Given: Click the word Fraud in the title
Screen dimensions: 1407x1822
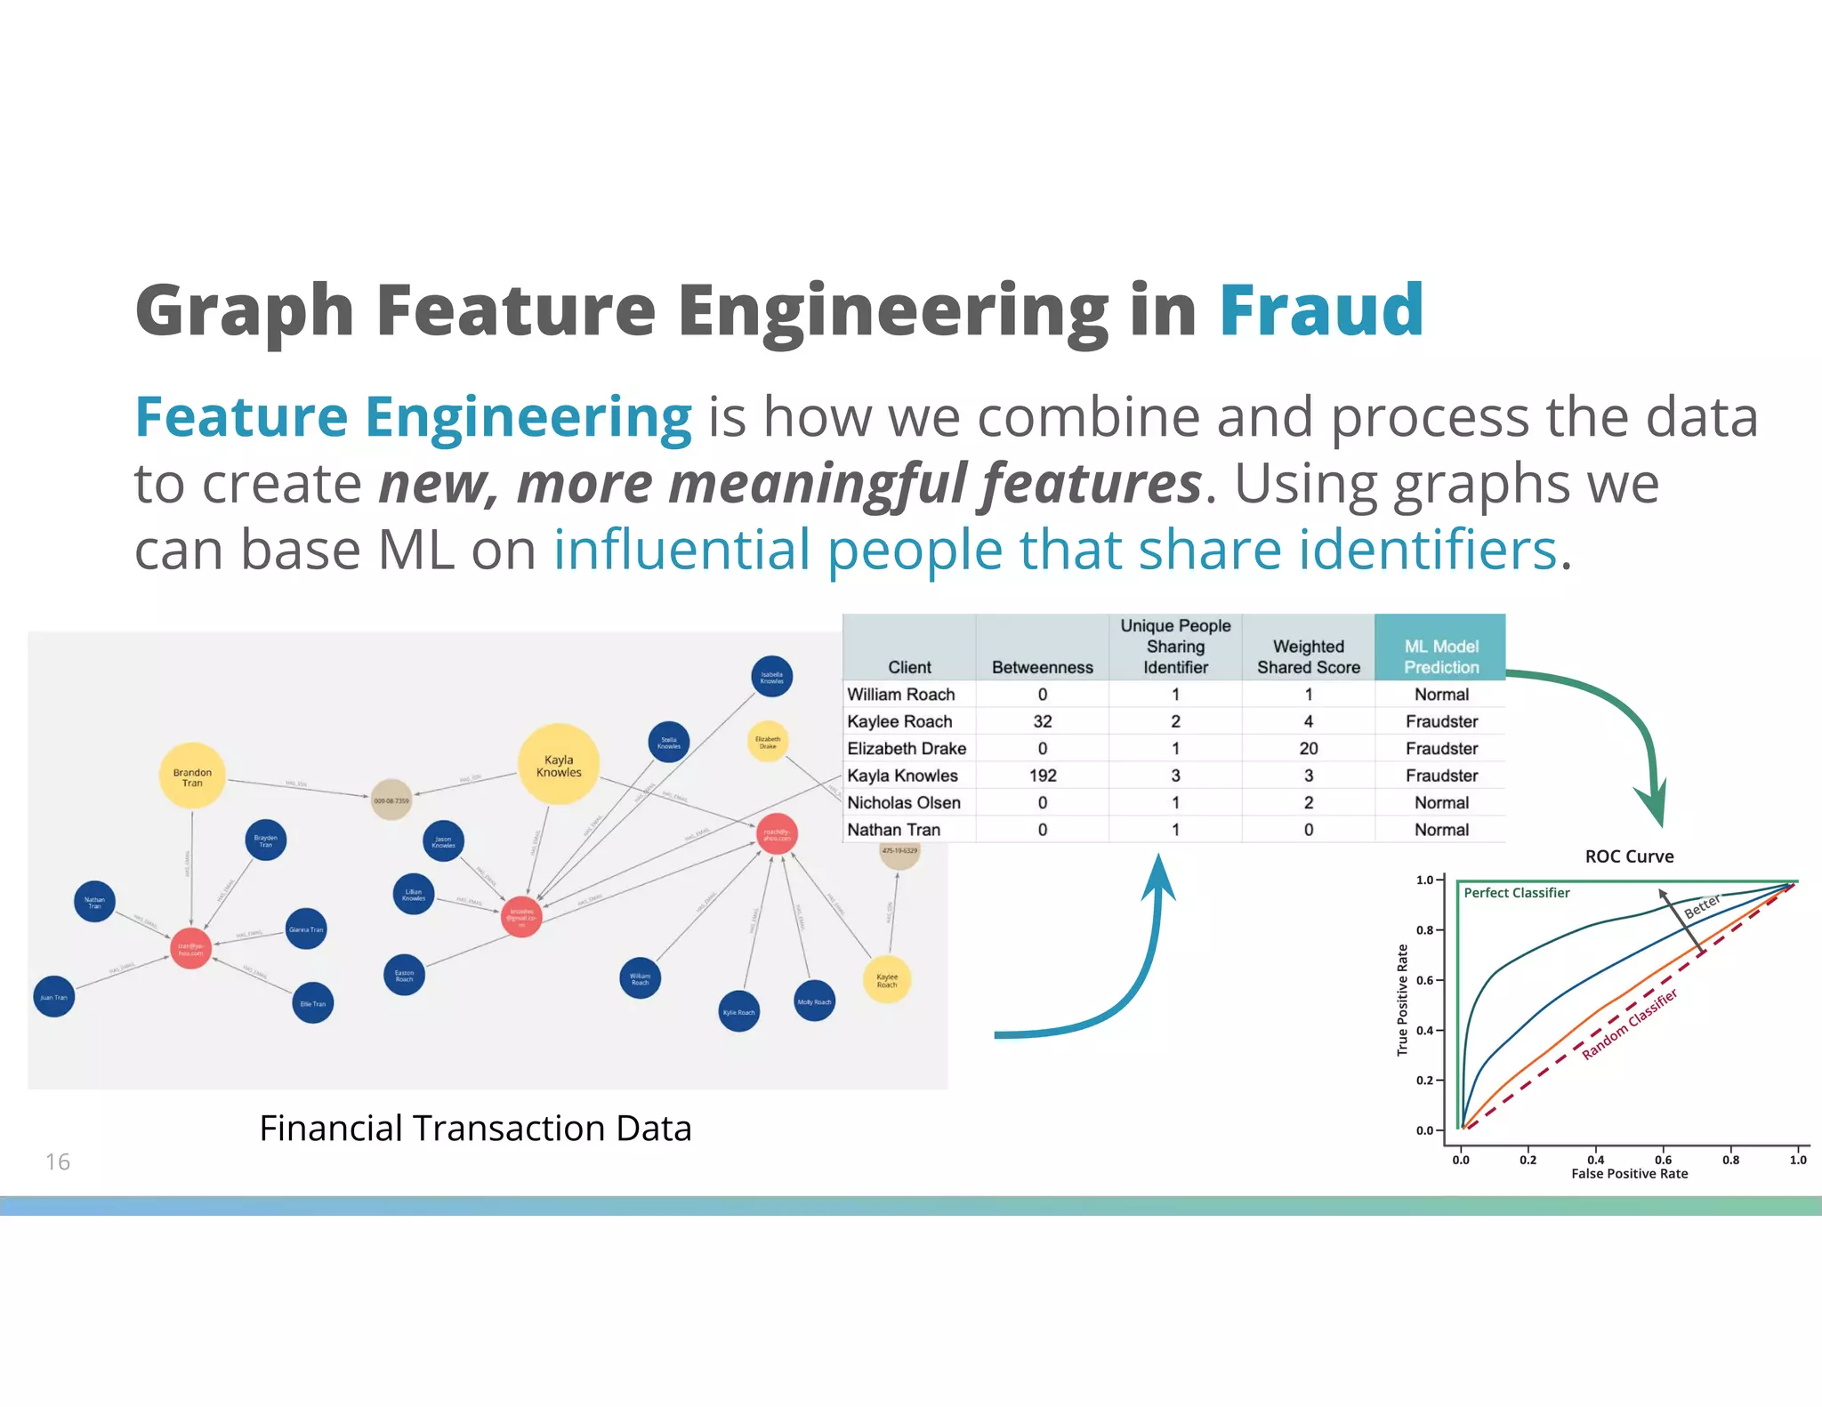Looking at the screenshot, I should pos(1320,310).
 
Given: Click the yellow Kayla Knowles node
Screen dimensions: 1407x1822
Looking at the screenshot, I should pos(559,765).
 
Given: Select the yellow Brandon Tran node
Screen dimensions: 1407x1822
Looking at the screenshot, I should pos(192,776).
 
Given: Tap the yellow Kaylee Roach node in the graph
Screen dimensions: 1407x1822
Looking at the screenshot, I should pos(887,980).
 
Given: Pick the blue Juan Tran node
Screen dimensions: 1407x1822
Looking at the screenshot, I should pos(54,997).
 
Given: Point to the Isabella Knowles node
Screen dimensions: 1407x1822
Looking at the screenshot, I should pos(771,678).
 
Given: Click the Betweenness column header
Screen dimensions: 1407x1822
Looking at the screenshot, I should pos(1042,667).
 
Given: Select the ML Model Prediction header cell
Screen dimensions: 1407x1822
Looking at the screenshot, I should pos(1440,656).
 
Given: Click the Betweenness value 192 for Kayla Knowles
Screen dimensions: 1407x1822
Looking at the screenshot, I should pos(1043,776).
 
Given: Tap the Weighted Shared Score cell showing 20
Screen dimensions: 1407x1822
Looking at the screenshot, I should pos(1308,749).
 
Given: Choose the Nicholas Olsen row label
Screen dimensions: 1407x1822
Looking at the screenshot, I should pos(904,803).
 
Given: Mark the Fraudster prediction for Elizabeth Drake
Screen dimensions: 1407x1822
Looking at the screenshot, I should pos(1441,749).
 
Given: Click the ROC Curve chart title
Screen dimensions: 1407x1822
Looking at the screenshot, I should pos(1629,856).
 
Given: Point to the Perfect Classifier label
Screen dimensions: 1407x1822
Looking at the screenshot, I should pos(1517,893).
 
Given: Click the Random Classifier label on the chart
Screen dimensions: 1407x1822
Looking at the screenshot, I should pos(1629,1024).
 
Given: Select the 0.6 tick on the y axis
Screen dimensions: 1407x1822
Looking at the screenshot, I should pos(1425,980).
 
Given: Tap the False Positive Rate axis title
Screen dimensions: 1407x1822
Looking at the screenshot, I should pos(1629,1174).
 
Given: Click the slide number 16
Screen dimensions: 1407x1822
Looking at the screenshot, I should pos(58,1162).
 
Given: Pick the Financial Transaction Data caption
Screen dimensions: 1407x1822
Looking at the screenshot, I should pos(475,1128).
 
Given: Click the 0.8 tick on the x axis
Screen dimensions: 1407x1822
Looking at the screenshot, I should pos(1730,1160).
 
